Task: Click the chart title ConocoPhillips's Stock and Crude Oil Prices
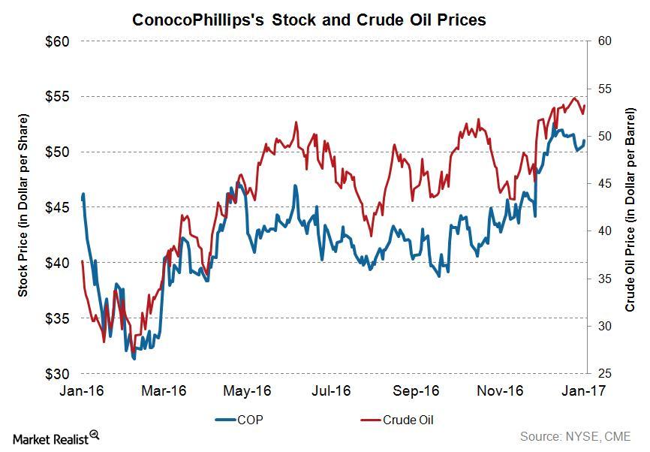point(308,20)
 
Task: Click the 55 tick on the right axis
point(603,89)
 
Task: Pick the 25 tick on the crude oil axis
point(603,374)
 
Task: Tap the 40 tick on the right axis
point(603,231)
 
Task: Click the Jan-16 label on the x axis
point(80,391)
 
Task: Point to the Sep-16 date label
point(417,391)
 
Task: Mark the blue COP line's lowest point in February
point(134,359)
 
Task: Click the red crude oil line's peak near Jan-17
point(575,98)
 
